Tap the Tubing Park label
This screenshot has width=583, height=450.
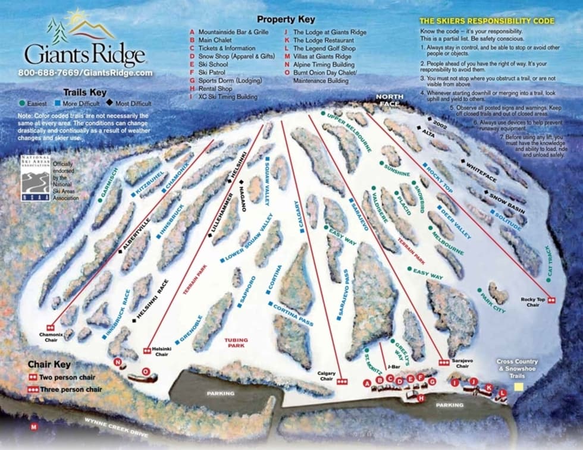(236, 343)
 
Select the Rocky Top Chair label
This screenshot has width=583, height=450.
(533, 302)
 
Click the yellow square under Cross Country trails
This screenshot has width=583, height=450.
(519, 386)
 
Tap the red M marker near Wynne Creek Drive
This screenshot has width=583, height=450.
(34, 426)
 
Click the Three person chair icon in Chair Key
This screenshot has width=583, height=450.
(35, 389)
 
